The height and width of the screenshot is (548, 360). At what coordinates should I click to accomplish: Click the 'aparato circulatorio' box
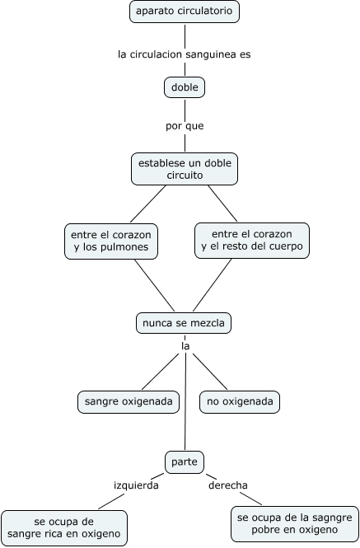185,12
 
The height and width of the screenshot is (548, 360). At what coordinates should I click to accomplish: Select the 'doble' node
185,87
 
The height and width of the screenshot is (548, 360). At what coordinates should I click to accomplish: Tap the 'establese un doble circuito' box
185,169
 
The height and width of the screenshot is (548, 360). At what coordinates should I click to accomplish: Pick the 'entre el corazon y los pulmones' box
111,241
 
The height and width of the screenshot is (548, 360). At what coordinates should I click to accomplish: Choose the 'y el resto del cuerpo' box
252,241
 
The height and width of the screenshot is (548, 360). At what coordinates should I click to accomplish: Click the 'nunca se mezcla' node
184,323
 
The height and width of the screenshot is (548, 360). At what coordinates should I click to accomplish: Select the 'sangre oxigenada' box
129,402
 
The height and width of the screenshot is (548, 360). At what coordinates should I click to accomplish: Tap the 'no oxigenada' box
240,402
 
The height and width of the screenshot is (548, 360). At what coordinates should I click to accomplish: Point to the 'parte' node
185,462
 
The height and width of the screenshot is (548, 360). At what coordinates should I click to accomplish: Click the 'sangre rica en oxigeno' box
64,528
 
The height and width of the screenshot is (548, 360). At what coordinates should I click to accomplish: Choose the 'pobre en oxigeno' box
295,524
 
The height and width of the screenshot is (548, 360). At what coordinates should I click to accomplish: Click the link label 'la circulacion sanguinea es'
185,54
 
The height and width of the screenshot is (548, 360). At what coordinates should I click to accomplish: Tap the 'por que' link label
185,126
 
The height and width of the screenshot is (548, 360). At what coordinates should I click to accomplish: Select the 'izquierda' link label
136,485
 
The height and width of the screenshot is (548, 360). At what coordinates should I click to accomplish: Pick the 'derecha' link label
228,485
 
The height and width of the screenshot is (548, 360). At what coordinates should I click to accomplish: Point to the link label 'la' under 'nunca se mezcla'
185,346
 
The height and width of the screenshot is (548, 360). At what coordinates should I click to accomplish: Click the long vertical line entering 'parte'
185,402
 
